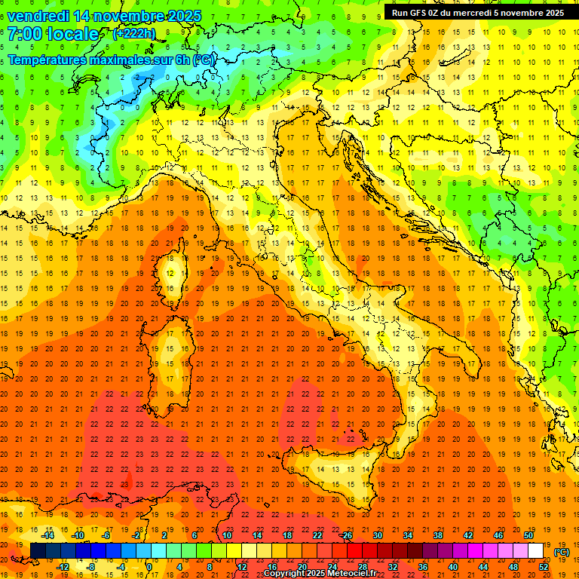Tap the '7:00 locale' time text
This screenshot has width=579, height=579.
click(x=53, y=34)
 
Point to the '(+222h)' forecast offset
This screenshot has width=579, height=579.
click(x=134, y=33)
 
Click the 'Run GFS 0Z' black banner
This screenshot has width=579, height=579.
click(x=478, y=13)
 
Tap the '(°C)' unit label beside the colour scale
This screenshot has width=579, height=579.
click(x=562, y=552)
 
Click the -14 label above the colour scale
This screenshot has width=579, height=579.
click(x=48, y=535)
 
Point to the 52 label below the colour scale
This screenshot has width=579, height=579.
click(x=544, y=566)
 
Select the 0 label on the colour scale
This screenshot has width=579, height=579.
click(x=149, y=566)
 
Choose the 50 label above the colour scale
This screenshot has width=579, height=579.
click(x=528, y=535)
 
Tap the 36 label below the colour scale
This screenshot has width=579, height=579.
click(x=422, y=566)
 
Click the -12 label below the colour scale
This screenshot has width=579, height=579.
click(x=64, y=566)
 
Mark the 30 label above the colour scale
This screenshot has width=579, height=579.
click(x=377, y=535)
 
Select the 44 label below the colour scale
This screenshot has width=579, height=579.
click(x=483, y=566)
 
